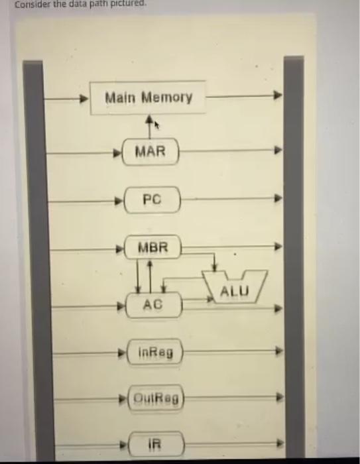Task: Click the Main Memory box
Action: coord(147,98)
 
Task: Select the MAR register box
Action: coord(151,152)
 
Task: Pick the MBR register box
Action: coord(152,249)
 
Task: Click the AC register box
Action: coord(153,306)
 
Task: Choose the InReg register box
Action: coord(155,353)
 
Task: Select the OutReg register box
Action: coord(156,399)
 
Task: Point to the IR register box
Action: coord(154,443)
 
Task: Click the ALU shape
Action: coord(233,290)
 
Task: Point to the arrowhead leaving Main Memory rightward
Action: coord(278,96)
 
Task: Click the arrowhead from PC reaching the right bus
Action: coord(278,198)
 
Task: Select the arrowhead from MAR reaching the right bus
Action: coord(278,150)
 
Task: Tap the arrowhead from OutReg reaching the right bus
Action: coord(279,398)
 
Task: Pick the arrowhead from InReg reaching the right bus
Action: coord(279,351)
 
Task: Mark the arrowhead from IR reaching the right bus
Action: coord(279,443)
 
